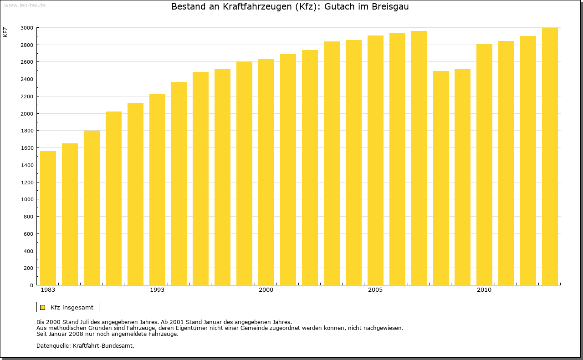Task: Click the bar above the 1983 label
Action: click(x=48, y=218)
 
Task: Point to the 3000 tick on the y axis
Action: click(x=27, y=28)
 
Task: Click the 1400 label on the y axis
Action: click(x=27, y=165)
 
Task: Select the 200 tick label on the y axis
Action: click(x=28, y=268)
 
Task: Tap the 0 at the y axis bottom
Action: click(x=31, y=285)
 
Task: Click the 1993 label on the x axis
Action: click(x=157, y=290)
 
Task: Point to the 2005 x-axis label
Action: click(x=375, y=290)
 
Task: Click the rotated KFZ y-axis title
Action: click(x=5, y=32)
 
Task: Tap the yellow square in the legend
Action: click(x=43, y=307)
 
